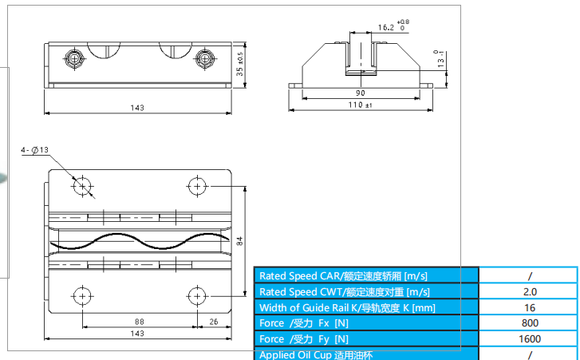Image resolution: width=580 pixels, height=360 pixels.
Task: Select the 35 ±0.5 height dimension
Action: (x=240, y=63)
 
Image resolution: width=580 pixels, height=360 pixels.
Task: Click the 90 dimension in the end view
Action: (x=360, y=93)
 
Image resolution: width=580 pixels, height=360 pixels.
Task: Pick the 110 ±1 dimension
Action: (x=360, y=105)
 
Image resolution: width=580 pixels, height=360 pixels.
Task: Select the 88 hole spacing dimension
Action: (x=139, y=322)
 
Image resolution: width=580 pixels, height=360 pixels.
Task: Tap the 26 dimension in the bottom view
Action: (x=212, y=322)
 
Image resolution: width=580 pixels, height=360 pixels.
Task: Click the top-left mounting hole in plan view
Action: (x=82, y=186)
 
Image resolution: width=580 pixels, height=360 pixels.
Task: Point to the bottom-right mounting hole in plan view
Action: (x=195, y=295)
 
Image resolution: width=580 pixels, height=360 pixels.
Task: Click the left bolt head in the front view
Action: (x=74, y=57)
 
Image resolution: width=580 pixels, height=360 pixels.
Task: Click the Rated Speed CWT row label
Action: (x=345, y=291)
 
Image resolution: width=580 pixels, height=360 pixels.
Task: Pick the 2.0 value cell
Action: (x=528, y=291)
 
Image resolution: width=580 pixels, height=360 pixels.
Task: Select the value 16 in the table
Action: (x=528, y=307)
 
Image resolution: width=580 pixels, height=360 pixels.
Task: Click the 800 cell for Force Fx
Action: (x=528, y=323)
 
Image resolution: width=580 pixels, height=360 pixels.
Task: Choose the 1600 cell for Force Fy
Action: (x=528, y=338)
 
